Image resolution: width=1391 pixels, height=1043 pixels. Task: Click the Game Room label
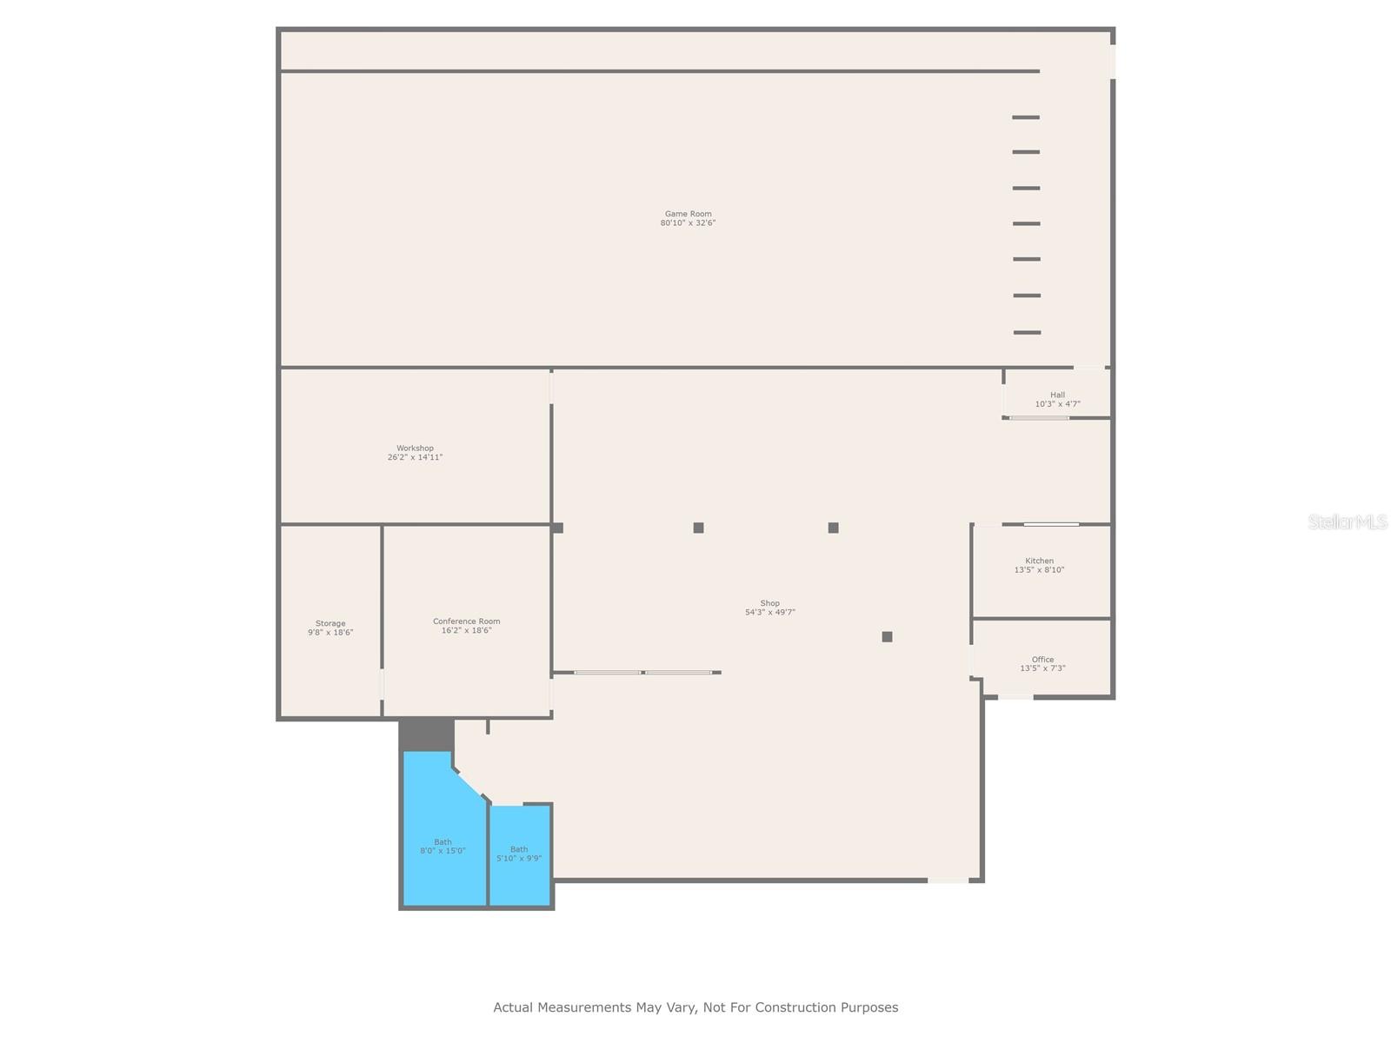click(x=688, y=214)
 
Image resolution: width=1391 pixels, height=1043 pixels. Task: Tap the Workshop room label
click(x=415, y=448)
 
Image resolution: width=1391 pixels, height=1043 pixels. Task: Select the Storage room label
click(x=330, y=624)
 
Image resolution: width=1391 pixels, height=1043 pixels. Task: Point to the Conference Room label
click(x=467, y=621)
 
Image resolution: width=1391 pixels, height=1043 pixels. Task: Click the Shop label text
click(x=769, y=603)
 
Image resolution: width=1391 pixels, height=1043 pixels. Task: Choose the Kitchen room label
click(x=1039, y=561)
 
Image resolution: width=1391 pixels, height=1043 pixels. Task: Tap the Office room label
click(x=1042, y=660)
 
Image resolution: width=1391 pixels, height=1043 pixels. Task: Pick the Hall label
click(x=1057, y=395)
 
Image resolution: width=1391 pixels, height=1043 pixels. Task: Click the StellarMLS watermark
click(x=1347, y=522)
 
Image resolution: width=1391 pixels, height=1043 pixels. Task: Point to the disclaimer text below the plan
click(x=695, y=1007)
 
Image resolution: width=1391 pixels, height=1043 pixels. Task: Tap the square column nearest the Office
click(x=887, y=637)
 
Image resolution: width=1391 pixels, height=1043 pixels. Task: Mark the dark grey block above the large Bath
click(x=426, y=734)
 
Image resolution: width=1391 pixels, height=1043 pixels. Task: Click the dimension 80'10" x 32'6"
click(x=688, y=223)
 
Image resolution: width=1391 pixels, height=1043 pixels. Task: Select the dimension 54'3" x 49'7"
click(x=769, y=613)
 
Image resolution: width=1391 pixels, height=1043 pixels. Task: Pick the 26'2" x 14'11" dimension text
click(x=415, y=457)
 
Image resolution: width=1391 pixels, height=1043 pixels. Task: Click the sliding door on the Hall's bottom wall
click(x=1039, y=418)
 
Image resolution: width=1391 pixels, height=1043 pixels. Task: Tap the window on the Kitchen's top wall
click(x=1051, y=524)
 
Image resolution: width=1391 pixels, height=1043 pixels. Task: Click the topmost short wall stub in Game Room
click(x=1026, y=117)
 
